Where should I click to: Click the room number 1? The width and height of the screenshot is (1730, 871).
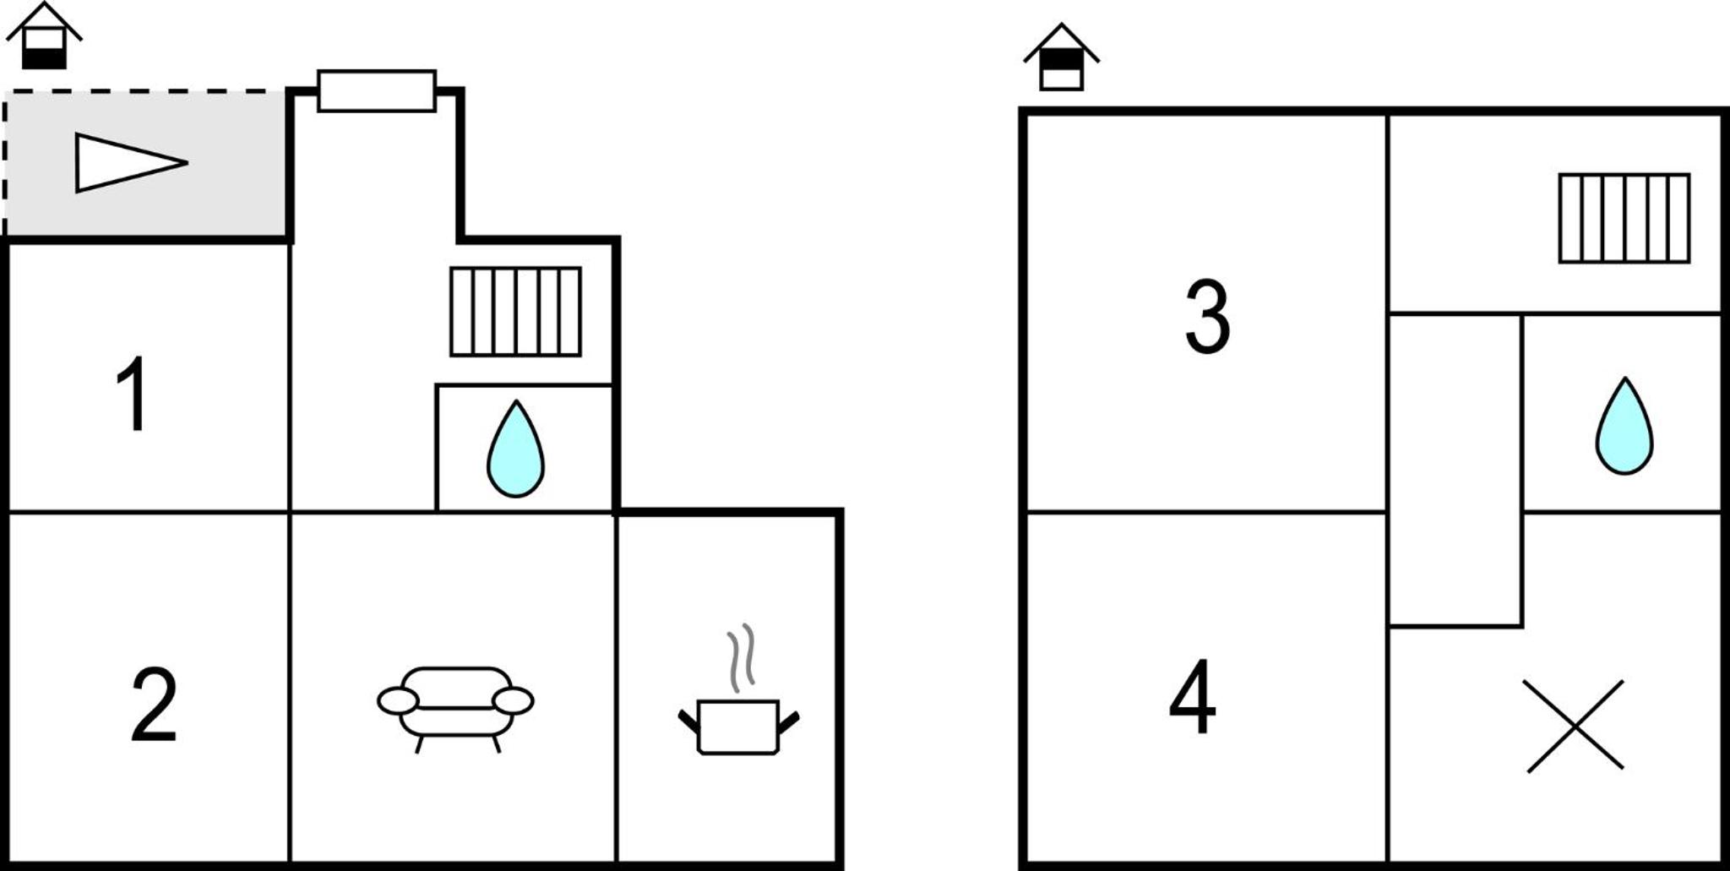pyautogui.click(x=133, y=393)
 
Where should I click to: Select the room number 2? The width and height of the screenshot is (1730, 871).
pyautogui.click(x=154, y=705)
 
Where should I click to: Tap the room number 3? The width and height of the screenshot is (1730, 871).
pyautogui.click(x=1208, y=316)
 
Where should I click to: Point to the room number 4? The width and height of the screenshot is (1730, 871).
pyautogui.click(x=1193, y=697)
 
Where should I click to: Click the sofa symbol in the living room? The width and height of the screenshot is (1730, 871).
pyautogui.click(x=455, y=709)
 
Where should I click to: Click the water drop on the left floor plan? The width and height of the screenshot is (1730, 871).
pyautogui.click(x=515, y=449)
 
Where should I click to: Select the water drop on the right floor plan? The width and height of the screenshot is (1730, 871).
pyautogui.click(x=1624, y=426)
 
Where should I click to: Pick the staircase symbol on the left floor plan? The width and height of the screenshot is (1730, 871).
pyautogui.click(x=515, y=312)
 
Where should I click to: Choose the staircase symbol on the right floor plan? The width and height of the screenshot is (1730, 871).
pyautogui.click(x=1624, y=218)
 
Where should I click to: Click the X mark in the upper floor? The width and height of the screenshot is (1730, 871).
pyautogui.click(x=1575, y=726)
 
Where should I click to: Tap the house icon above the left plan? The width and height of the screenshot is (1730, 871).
pyautogui.click(x=44, y=35)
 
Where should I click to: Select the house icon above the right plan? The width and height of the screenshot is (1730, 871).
pyautogui.click(x=1061, y=57)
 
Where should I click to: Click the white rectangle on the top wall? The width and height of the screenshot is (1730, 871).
pyautogui.click(x=377, y=91)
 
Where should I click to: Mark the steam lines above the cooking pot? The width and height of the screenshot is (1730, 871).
pyautogui.click(x=741, y=657)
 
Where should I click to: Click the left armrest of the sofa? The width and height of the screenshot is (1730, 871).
pyautogui.click(x=398, y=700)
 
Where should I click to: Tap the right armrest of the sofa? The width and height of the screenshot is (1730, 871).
pyautogui.click(x=513, y=700)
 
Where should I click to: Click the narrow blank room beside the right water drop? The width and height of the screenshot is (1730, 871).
pyautogui.click(x=1455, y=471)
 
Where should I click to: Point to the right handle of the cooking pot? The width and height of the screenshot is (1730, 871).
pyautogui.click(x=789, y=723)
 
